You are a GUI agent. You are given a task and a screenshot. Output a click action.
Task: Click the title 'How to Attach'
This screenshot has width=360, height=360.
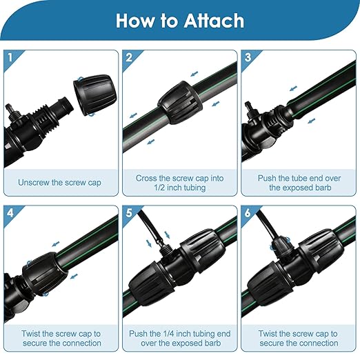coord(179,20)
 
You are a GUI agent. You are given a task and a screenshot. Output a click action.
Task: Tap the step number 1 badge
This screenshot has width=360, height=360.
coord(9,57)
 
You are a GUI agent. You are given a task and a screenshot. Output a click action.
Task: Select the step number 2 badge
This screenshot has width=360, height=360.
coord(128,57)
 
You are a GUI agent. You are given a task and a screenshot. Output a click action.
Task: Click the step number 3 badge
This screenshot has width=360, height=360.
coord(248,57)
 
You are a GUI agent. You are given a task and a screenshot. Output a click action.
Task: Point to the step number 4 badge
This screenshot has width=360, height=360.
coord(9,212)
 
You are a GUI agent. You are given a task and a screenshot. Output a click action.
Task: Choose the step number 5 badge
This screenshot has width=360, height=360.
coord(128,212)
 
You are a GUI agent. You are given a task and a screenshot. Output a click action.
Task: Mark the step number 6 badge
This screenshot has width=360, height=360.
coord(248,212)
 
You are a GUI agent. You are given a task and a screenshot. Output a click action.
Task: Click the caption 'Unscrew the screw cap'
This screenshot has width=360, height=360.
coord(60,183)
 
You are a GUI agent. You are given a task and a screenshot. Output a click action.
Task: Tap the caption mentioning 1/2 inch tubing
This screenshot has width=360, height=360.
coord(179,183)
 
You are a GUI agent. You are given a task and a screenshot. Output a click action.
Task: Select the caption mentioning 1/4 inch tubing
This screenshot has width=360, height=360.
coord(179,338)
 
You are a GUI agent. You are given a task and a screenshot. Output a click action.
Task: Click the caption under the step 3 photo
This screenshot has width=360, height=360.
coord(299,183)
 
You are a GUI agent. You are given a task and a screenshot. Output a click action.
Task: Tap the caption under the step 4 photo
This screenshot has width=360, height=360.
coord(60,338)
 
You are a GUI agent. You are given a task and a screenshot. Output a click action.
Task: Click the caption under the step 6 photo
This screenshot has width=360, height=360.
coord(299,338)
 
